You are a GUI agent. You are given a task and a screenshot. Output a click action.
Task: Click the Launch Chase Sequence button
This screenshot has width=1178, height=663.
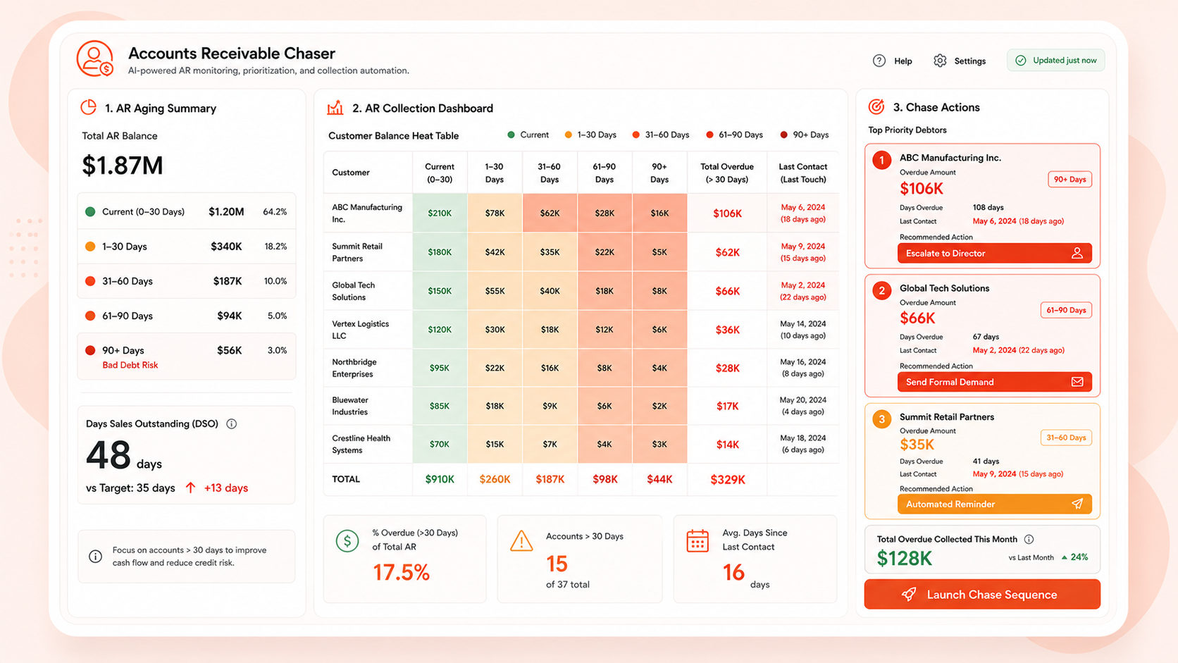pyautogui.click(x=982, y=594)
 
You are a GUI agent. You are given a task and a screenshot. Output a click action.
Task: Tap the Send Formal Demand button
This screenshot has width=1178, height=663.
pyautogui.click(x=994, y=382)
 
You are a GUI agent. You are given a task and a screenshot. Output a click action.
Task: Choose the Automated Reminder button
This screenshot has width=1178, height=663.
pyautogui.click(x=994, y=504)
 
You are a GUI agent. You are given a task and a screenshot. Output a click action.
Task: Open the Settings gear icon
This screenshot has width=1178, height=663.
pyautogui.click(x=940, y=61)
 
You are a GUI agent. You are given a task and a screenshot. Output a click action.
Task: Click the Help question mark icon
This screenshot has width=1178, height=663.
pyautogui.click(x=879, y=61)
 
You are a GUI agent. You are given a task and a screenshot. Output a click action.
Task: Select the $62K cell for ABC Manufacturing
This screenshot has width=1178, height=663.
pyautogui.click(x=550, y=213)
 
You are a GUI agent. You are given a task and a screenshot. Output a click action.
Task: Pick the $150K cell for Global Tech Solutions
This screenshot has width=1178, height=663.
pyautogui.click(x=440, y=291)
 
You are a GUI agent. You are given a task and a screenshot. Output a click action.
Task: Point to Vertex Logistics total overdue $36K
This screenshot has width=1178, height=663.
pyautogui.click(x=727, y=330)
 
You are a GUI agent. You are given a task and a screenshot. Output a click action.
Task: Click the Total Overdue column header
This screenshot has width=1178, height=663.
pyautogui.click(x=727, y=173)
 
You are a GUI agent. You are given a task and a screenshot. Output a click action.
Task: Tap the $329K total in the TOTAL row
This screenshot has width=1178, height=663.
pyautogui.click(x=727, y=480)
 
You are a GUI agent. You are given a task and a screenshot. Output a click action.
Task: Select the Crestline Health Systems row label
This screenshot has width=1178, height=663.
pyautogui.click(x=361, y=444)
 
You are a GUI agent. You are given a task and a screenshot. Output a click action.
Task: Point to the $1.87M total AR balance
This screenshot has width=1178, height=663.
pyautogui.click(x=123, y=165)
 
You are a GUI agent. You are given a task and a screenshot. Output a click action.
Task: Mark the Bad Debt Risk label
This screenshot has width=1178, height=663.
pyautogui.click(x=130, y=365)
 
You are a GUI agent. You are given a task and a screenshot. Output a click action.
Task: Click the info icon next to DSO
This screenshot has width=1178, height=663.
pyautogui.click(x=231, y=423)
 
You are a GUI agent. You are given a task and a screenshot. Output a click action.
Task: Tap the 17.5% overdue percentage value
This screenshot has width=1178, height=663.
pyautogui.click(x=402, y=572)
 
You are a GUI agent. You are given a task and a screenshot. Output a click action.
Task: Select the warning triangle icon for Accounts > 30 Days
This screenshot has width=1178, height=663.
pyautogui.click(x=521, y=541)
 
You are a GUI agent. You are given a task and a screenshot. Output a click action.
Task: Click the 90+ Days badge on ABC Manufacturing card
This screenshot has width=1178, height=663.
pyautogui.click(x=1069, y=179)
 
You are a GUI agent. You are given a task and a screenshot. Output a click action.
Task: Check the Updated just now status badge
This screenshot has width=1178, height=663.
pyautogui.click(x=1056, y=61)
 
